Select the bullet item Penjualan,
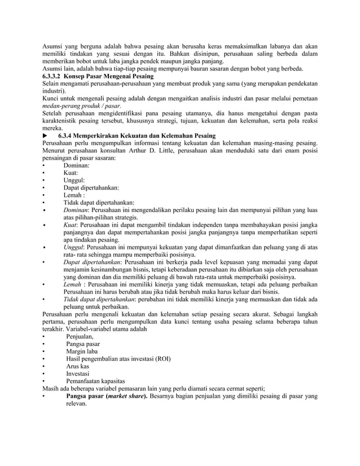(80, 336)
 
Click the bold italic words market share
(125, 396)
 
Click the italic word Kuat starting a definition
(70, 225)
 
